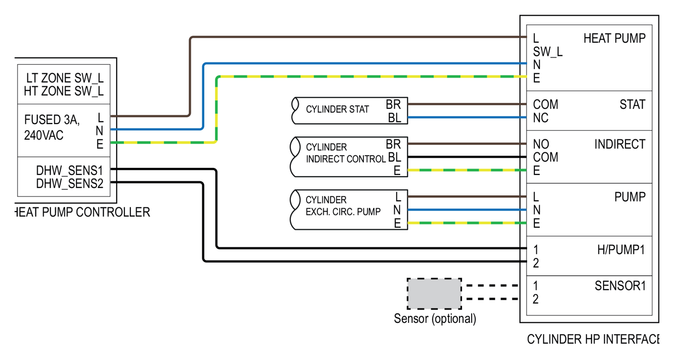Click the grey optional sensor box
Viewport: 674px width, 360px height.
point(434,293)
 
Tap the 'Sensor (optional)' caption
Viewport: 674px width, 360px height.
point(434,319)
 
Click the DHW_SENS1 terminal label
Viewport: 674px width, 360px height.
point(69,171)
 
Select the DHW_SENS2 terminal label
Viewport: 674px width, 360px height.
point(69,184)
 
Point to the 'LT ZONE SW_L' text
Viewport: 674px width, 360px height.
point(65,78)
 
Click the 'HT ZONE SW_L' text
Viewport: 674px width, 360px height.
point(64,91)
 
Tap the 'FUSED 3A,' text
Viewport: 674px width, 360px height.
point(51,120)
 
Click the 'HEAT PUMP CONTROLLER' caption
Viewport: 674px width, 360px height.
point(82,212)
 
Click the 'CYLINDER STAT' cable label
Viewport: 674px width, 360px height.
point(337,109)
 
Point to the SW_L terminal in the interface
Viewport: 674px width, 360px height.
point(548,51)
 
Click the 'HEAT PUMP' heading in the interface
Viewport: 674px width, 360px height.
point(614,39)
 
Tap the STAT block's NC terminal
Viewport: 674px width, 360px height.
point(540,118)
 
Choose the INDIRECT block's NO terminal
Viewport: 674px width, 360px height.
point(541,144)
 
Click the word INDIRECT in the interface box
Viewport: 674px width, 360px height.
point(620,144)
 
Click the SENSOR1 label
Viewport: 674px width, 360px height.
point(620,286)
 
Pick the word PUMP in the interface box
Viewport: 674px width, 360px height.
point(629,197)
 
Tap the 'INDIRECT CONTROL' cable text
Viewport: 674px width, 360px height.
point(345,159)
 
